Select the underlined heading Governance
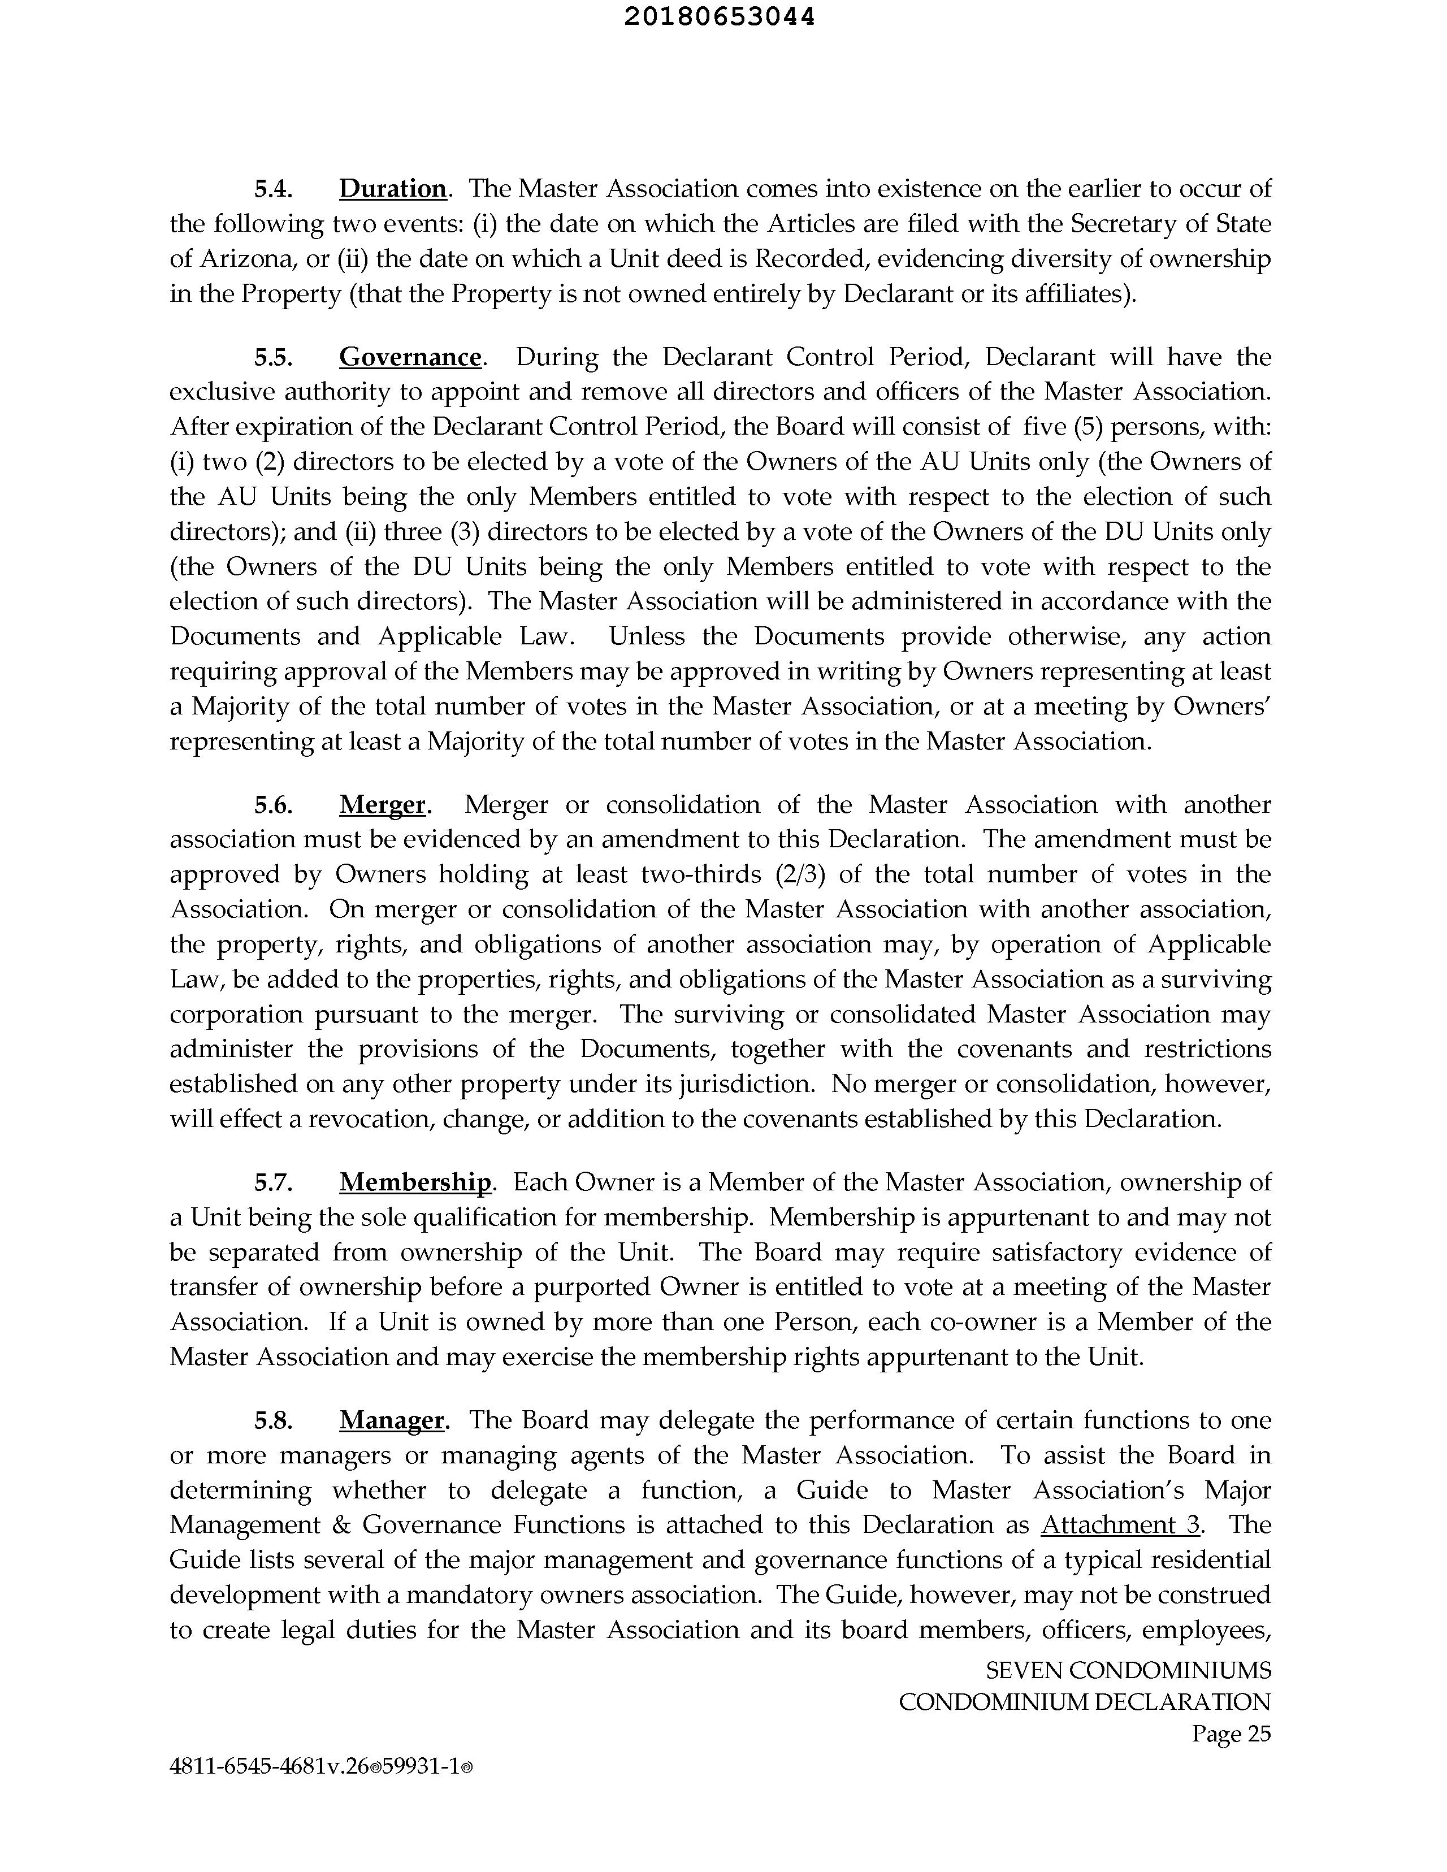410,357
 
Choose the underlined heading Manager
392,1420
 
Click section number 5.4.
274,189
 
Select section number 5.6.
274,805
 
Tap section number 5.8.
274,1421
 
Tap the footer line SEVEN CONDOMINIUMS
1128,1671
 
